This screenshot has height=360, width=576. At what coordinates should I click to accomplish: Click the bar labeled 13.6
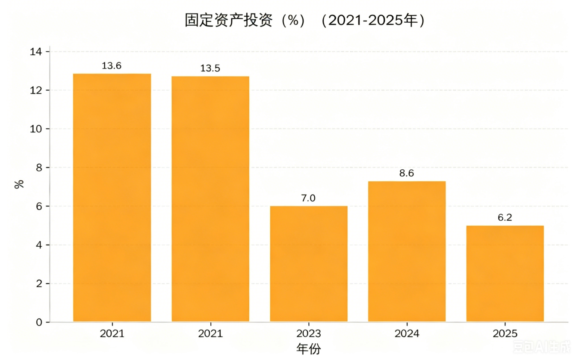coord(112,198)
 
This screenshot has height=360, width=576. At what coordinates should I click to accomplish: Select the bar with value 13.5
coord(210,199)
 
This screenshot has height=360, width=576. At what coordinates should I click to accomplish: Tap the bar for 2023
coord(309,263)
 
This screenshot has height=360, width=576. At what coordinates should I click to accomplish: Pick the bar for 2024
coord(407,251)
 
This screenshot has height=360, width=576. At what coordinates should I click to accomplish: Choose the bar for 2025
coord(505,274)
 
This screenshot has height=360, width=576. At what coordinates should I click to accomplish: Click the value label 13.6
coord(112,66)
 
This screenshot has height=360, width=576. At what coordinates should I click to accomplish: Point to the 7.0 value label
coord(308,198)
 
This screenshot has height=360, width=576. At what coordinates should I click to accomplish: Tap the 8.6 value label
coord(407,173)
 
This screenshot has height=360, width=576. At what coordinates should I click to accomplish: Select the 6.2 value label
coord(505,218)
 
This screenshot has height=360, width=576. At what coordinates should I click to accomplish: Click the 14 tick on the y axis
coord(36,52)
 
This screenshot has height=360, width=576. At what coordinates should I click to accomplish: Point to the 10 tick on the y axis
coord(36,129)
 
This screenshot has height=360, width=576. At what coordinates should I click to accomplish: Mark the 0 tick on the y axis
coord(39,322)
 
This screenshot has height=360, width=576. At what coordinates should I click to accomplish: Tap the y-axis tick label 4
coord(39,245)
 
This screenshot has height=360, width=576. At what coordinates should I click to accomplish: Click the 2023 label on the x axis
coord(309,333)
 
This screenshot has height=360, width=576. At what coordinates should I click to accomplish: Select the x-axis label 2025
coord(505,333)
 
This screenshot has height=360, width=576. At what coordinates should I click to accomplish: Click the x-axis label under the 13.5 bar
coord(210,333)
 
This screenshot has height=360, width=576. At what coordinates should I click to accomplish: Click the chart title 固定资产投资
coord(229,20)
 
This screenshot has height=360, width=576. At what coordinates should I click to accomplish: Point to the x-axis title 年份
coord(309,349)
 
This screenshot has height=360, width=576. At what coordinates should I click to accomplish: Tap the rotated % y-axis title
coord(19,184)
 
